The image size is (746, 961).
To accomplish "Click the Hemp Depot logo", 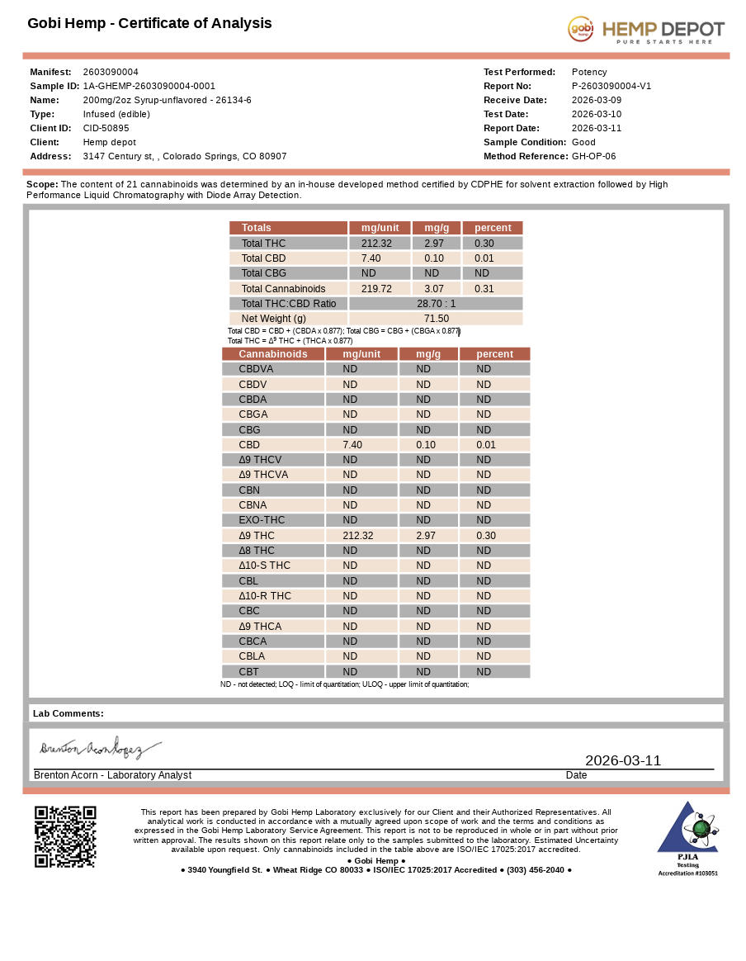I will pos(645,30).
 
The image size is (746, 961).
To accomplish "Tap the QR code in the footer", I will pos(65,836).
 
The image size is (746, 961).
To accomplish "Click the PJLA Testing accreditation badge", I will pos(687,838).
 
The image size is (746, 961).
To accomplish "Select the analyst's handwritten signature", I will pos(100,749).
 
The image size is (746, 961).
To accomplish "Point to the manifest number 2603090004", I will pos(111,72).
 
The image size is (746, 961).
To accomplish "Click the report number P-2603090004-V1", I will pos(611,86).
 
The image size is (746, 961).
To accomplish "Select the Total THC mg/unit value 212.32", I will pos(376,244).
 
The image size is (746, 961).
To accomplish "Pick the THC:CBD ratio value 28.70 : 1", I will pos(436,304).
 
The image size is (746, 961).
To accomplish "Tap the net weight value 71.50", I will pos(436,319).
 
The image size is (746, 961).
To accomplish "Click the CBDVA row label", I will pos(256,369).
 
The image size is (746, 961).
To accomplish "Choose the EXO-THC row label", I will pos(262,520).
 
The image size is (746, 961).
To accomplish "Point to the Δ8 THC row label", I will pos(257,551).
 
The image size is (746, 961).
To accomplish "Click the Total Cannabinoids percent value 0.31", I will pos(484,289).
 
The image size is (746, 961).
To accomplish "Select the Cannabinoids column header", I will pos(272,354).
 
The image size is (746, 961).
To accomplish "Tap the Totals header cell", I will pos(256,228).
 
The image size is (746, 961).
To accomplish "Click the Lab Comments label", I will pos(68,713).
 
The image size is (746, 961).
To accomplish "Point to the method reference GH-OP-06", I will pos(593,156).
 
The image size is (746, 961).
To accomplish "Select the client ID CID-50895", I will pos(106,128).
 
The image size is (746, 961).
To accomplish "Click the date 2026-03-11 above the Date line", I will pos(623,760).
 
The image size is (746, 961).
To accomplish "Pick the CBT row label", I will pos(248,672).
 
